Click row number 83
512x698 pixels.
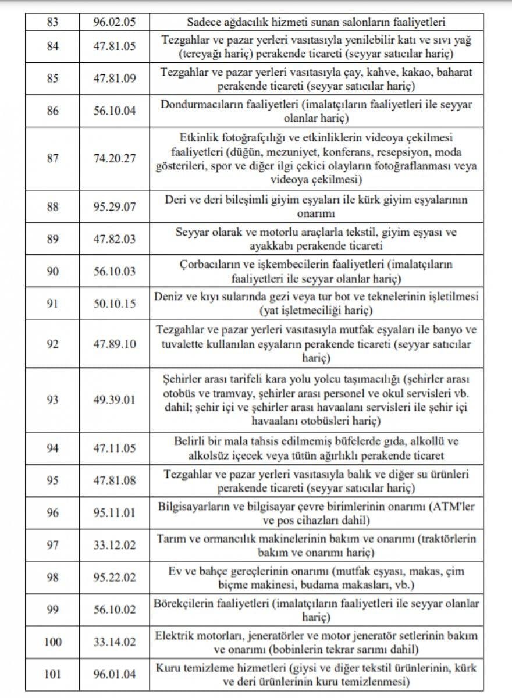(52, 23)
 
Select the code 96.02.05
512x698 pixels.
(114, 23)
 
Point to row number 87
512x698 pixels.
(52, 158)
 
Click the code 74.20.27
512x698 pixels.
(114, 158)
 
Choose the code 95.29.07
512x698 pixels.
(114, 206)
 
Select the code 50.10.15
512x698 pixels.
(114, 302)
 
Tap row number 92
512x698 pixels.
(52, 344)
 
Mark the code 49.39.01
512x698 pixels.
(114, 400)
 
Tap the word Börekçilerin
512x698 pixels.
(184, 603)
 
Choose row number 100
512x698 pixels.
(52, 642)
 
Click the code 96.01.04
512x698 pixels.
(114, 674)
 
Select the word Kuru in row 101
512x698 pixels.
(167, 667)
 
